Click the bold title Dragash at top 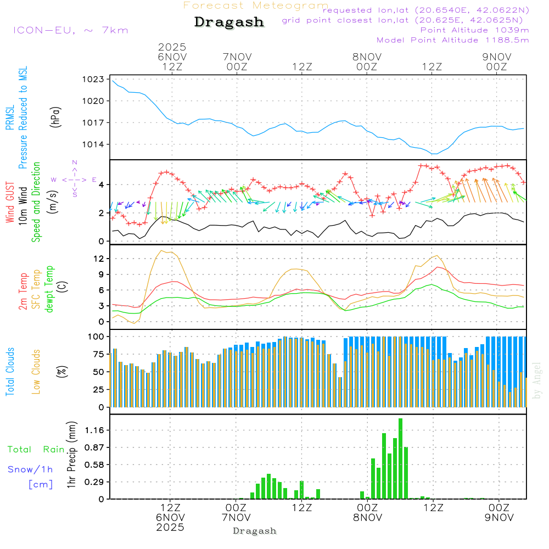point(229,23)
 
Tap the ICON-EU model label point(70,30)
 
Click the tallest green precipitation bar point(401,458)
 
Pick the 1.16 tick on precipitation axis point(94,430)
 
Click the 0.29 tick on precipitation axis point(94,482)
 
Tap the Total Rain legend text point(36,449)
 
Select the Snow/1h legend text point(30,469)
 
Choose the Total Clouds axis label point(10,372)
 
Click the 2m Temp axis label point(23,292)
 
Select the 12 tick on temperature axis point(99,259)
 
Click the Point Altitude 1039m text point(474,30)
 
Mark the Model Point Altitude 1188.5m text point(452,40)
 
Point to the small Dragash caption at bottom point(255,531)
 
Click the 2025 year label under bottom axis point(170,527)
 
